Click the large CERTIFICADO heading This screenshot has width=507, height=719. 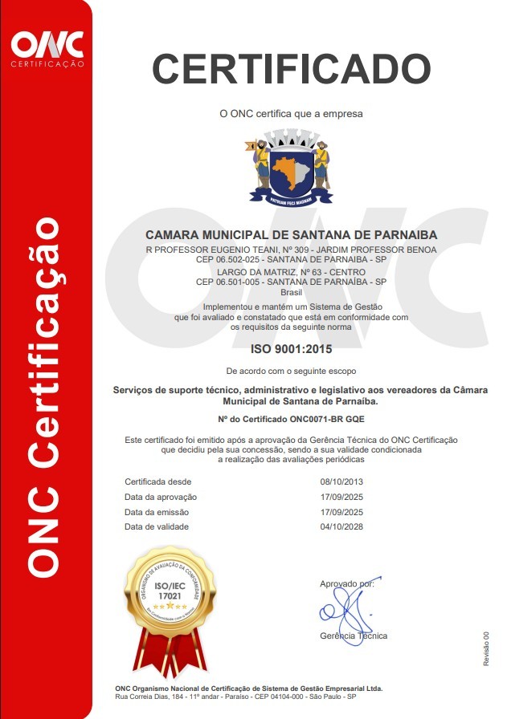[x=291, y=68]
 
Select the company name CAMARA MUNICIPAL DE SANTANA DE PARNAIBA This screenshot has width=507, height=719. [x=291, y=235]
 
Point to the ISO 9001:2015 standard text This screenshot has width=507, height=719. [x=291, y=349]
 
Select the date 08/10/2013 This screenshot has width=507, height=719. [x=342, y=481]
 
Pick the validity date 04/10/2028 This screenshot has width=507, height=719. [x=342, y=526]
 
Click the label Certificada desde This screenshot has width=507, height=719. [x=157, y=481]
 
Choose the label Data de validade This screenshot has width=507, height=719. [x=157, y=526]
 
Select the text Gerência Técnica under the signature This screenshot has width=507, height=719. [x=354, y=636]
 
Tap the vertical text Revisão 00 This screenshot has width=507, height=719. [x=486, y=648]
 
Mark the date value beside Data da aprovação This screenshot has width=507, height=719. [x=342, y=497]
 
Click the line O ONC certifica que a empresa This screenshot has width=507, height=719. [x=291, y=114]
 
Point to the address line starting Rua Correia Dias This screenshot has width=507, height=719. [x=241, y=697]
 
